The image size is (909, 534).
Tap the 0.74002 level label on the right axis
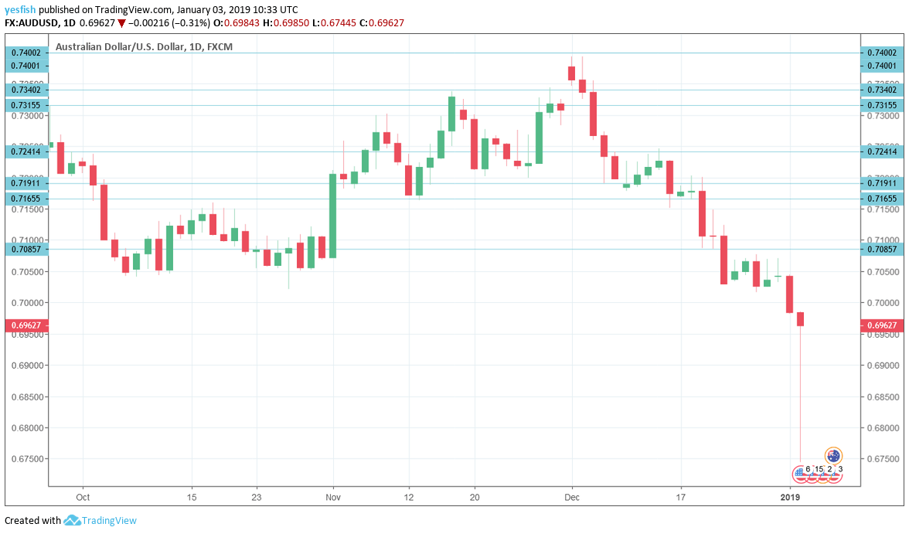[x=881, y=53]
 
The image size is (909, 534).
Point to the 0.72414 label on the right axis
[x=881, y=151]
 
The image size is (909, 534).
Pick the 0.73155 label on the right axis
[x=881, y=105]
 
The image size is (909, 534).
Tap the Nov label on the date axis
[x=333, y=498]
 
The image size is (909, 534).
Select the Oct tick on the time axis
[x=83, y=498]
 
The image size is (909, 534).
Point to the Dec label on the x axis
[x=571, y=498]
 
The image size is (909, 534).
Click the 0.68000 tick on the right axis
[x=881, y=427]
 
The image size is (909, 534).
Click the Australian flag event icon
[x=833, y=456]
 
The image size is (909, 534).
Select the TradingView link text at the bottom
[x=109, y=521]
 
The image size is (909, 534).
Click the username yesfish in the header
[x=20, y=9]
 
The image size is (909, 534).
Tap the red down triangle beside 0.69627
[x=121, y=23]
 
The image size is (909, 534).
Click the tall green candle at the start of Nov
[x=333, y=216]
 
